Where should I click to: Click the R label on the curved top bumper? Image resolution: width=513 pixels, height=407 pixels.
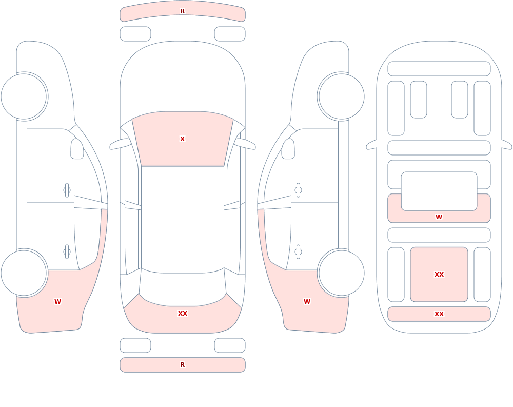[x=182, y=11]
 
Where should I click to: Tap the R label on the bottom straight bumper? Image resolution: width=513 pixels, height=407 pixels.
[x=182, y=365]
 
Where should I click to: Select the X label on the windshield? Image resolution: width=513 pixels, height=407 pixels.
[x=182, y=139]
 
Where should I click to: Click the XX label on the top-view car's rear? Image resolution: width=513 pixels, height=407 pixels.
[x=182, y=314]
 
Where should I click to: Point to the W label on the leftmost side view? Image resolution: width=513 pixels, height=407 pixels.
[x=57, y=302]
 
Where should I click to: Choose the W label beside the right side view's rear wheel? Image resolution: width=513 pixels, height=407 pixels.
[x=307, y=302]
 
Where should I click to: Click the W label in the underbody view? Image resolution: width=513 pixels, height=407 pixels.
[x=439, y=217]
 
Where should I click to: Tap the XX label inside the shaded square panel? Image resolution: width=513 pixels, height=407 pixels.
[x=439, y=275]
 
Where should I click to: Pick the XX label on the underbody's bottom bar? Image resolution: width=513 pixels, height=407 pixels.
[x=439, y=314]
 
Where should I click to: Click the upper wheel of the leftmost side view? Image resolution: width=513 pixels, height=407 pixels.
[x=24, y=96]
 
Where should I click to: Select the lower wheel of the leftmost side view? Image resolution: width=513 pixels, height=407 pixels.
[x=24, y=273]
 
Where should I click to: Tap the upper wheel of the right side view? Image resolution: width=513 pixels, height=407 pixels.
[x=341, y=96]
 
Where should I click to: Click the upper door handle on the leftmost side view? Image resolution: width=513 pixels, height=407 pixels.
[x=67, y=190]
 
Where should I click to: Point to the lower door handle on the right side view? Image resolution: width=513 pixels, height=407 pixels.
[x=298, y=252]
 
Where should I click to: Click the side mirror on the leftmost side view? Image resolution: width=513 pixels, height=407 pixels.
[x=77, y=149]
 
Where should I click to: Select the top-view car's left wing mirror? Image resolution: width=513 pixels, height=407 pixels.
[x=120, y=144]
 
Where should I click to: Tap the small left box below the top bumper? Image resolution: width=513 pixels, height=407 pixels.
[x=135, y=34]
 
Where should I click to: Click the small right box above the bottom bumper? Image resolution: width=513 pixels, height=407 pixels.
[x=230, y=345]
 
